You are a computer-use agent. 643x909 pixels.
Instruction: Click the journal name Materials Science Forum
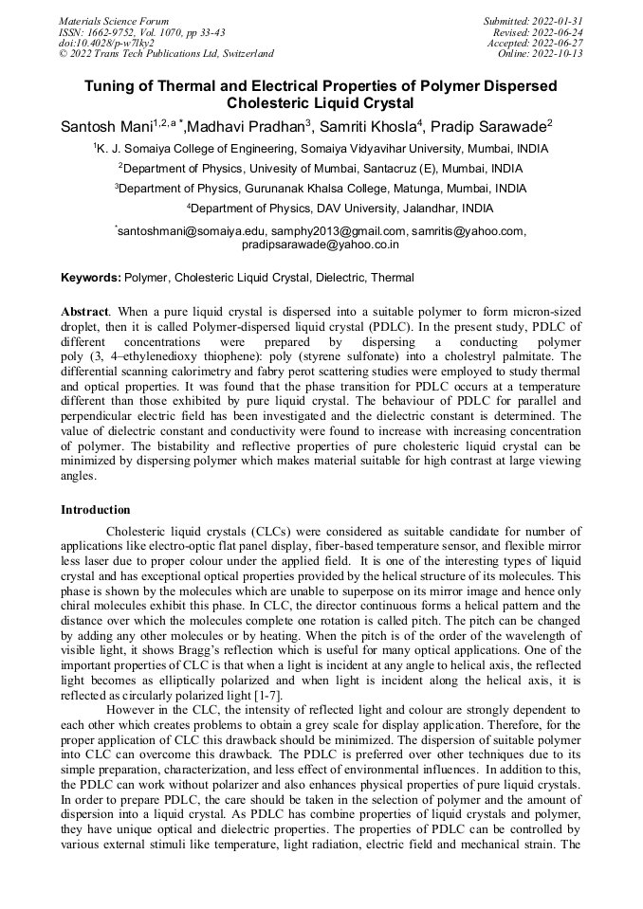click(114, 21)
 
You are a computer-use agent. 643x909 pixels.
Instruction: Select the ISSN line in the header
click(141, 32)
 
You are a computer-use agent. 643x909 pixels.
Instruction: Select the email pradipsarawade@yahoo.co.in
click(321, 244)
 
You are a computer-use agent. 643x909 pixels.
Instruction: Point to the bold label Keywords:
click(91, 278)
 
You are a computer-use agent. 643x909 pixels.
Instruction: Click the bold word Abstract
click(84, 312)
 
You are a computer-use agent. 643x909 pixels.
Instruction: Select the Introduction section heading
click(95, 510)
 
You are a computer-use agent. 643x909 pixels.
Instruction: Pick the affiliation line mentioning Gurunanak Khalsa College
click(321, 189)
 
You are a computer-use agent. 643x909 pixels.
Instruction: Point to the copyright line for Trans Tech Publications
click(166, 54)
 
